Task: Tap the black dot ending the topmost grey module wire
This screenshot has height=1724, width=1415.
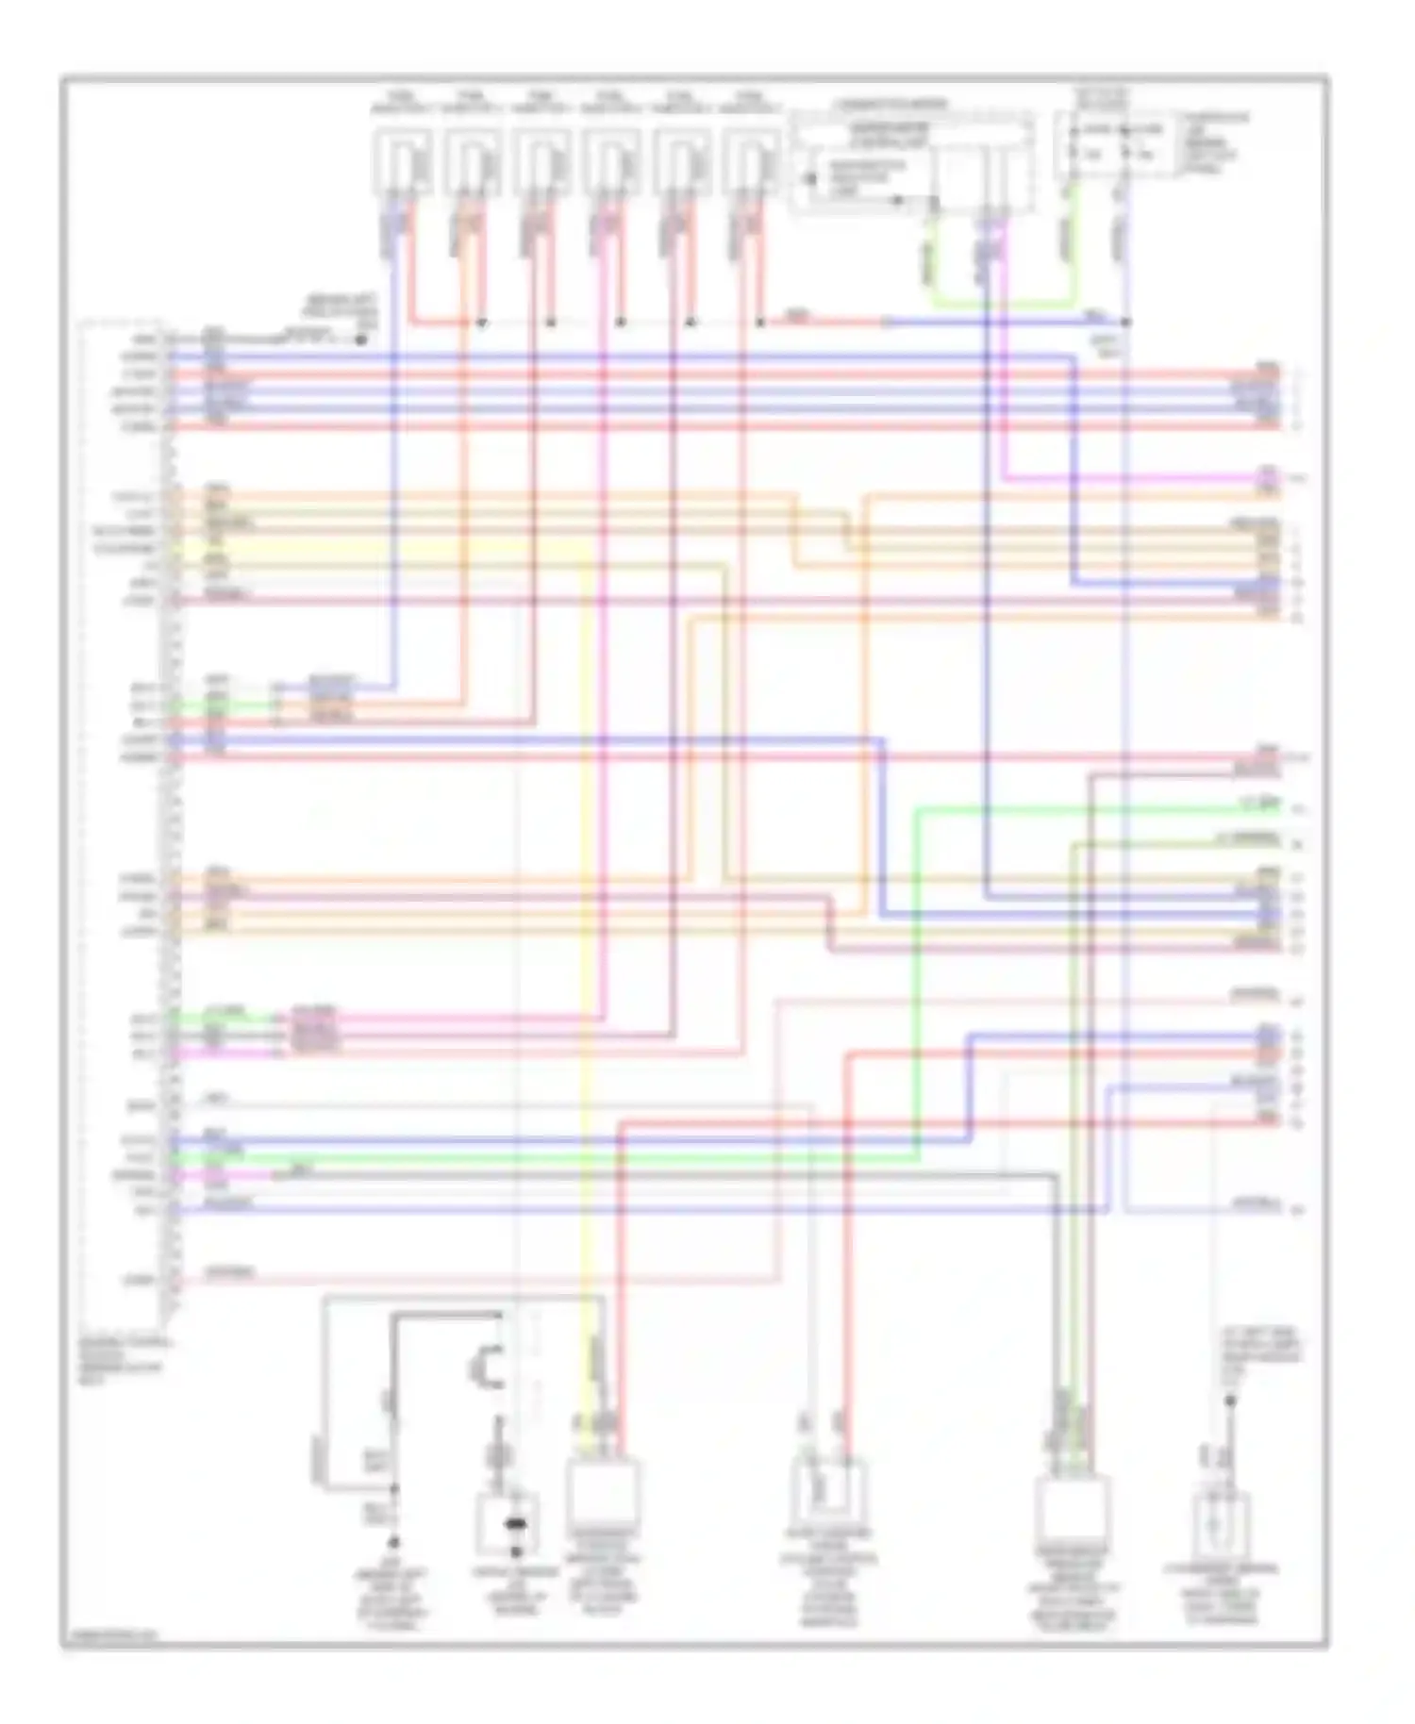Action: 361,339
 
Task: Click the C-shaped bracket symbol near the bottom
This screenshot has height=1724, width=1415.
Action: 487,1367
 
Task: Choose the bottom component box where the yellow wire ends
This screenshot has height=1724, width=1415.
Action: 603,1492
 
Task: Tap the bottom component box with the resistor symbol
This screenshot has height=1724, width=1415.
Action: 826,1492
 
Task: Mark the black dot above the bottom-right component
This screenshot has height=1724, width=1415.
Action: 1230,1401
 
